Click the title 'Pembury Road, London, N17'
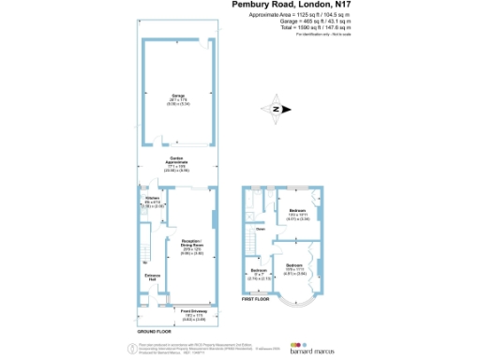click(x=292, y=5)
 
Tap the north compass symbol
click(x=276, y=109)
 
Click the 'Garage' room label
click(x=177, y=96)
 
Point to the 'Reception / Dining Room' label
click(x=192, y=245)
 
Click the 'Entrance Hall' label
click(x=150, y=277)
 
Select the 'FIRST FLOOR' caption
click(x=255, y=300)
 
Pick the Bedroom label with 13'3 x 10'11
click(x=297, y=212)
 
